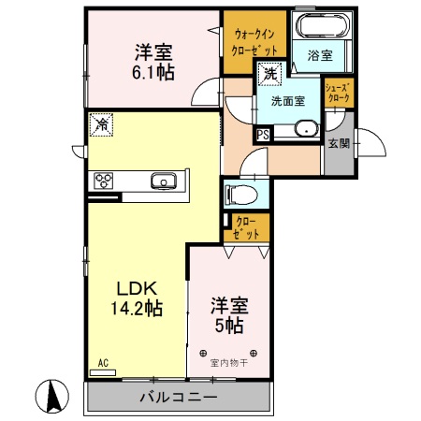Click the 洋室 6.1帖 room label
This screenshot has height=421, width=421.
[152, 61]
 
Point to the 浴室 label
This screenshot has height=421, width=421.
[321, 55]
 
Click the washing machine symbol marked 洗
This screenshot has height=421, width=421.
[269, 73]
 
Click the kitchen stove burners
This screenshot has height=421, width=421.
[103, 181]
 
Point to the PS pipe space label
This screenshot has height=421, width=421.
[264, 134]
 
